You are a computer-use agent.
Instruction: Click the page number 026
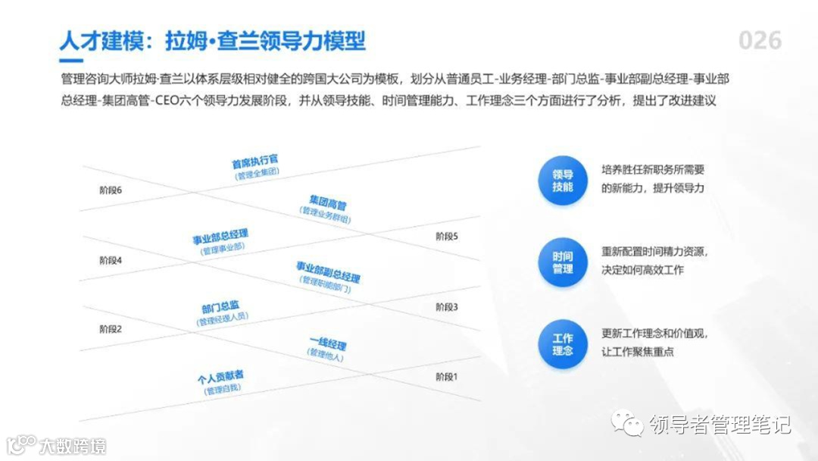[760, 40]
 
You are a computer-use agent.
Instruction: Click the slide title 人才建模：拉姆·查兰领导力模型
[212, 40]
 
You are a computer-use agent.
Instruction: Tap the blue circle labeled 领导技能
[563, 180]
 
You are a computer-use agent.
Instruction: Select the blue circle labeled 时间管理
[563, 262]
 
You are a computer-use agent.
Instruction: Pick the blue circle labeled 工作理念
[563, 344]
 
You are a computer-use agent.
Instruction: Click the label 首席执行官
[255, 162]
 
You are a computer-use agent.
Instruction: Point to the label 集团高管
[327, 203]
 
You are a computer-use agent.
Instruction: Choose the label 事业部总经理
[220, 237]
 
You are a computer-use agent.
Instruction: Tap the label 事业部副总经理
[328, 271]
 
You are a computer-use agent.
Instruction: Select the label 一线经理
[327, 344]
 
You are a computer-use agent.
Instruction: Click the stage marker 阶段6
[111, 190]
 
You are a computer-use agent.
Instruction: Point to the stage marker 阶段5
[447, 237]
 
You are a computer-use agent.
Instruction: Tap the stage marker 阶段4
[111, 260]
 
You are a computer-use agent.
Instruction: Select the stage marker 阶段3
[447, 307]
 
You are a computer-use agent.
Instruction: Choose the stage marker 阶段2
[111, 329]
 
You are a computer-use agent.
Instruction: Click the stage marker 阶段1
[447, 377]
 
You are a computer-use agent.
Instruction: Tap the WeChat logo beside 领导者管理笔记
[629, 424]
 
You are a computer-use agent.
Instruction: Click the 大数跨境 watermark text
[73, 445]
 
